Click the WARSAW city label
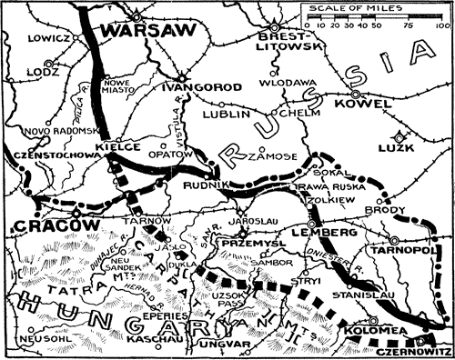pyautogui.click(x=136, y=33)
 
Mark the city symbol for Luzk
pyautogui.click(x=407, y=137)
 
